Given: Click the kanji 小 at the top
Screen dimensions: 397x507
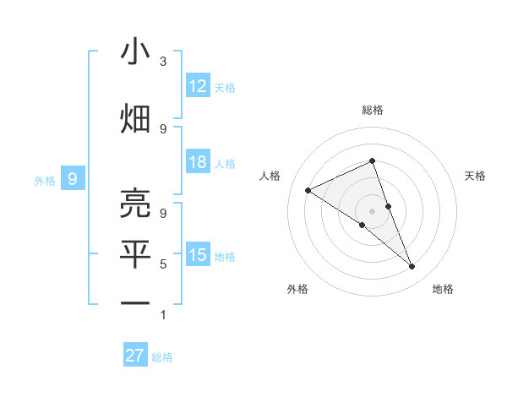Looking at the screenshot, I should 135,52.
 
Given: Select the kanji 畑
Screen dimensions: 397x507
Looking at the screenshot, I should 135,118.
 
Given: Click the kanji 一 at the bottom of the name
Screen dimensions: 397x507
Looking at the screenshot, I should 135,302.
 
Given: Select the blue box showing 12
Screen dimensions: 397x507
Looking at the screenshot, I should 198,86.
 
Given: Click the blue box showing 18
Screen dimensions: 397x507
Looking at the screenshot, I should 198,162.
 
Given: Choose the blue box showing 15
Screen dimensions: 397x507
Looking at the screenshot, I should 198,255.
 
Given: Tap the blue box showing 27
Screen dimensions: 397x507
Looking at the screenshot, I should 135,356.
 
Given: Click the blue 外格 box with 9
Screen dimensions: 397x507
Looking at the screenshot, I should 74,178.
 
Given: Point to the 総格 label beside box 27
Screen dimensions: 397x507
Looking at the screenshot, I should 162,357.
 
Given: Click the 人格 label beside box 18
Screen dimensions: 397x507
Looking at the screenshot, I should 225,163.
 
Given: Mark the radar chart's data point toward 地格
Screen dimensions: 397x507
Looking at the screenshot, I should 412,267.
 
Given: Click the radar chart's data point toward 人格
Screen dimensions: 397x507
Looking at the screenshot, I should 308,191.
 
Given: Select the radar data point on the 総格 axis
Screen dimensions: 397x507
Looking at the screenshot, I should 372,160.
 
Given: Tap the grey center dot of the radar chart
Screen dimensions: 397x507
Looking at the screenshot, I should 372,210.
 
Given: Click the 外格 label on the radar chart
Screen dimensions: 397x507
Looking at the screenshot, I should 297,289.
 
